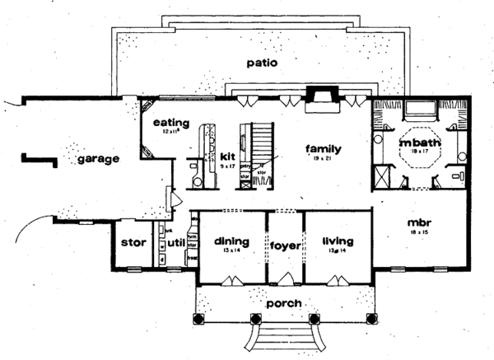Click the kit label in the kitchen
[x=229, y=155]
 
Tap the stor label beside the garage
[x=133, y=243]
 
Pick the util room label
[x=175, y=244]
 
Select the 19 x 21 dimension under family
[x=323, y=158]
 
